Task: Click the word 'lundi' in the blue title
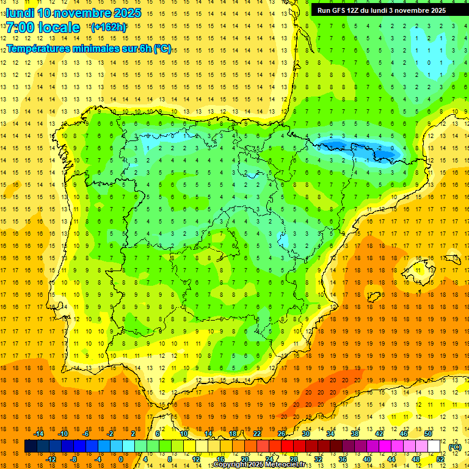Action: click(20, 13)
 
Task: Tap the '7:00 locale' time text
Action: click(43, 27)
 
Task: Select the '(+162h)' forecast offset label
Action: click(108, 27)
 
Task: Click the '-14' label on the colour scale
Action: click(38, 434)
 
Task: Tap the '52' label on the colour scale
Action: click(440, 459)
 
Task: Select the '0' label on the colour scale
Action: click(120, 459)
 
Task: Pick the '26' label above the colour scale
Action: click(282, 434)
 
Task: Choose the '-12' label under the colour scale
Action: click(51, 459)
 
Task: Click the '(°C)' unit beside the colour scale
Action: click(454, 447)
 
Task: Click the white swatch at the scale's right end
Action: click(434, 446)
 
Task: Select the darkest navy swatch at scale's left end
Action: click(31, 446)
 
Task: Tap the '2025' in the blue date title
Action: click(128, 13)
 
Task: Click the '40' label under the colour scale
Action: click(367, 459)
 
